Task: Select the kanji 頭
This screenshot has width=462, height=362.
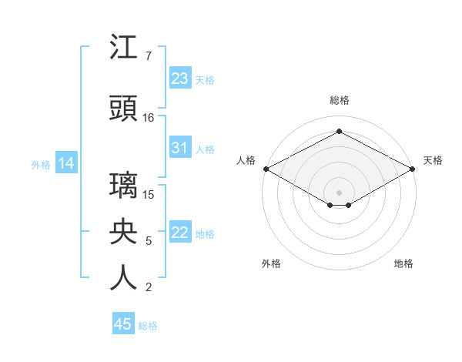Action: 123,109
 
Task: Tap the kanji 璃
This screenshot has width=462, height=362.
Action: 123,186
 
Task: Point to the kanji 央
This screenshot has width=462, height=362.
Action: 123,232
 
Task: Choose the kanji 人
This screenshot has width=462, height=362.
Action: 123,278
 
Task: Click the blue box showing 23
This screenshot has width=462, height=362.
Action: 179,79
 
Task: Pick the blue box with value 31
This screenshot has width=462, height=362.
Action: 179,148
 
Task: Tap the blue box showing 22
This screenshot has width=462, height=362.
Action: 179,233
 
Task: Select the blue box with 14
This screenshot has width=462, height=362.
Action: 65,163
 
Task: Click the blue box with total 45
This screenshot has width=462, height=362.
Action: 122,324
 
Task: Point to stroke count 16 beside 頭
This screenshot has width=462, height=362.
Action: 149,117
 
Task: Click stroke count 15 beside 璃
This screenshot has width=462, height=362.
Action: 149,194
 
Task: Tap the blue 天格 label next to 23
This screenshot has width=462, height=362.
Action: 205,79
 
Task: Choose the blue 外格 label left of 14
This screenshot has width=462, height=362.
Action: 41,164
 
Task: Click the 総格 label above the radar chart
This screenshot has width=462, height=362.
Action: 339,100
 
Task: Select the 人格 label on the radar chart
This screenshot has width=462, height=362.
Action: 246,160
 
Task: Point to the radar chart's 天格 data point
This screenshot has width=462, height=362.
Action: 413,169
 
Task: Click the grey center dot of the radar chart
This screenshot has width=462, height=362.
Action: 339,192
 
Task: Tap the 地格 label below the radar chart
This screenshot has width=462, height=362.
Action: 403,263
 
